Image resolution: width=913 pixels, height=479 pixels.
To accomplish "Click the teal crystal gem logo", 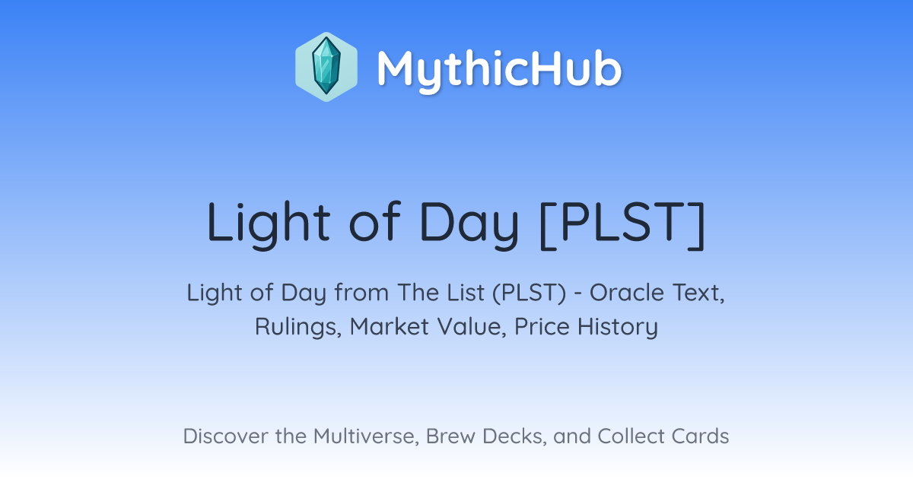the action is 326,67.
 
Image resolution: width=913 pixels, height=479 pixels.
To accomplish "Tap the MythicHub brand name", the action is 499,69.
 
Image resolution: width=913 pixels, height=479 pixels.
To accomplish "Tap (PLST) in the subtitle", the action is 529,293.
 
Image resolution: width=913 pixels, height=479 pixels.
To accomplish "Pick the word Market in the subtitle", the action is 390,326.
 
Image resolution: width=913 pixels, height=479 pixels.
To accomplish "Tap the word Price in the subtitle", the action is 542,326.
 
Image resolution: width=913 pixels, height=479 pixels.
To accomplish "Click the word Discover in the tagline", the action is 225,436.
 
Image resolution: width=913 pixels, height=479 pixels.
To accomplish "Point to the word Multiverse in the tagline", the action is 366,436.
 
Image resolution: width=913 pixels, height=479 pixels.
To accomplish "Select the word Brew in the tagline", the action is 450,436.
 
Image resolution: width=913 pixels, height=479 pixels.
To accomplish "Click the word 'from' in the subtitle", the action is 362,293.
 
